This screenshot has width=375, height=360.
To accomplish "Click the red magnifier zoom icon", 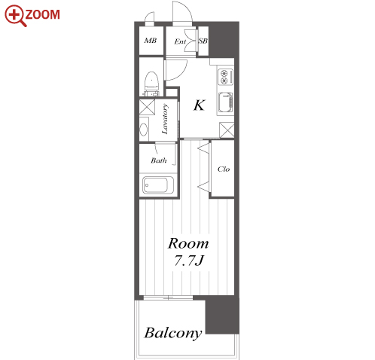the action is point(15,15).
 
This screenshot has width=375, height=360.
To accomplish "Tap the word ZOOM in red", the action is point(43,14).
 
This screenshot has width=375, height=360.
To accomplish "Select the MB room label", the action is point(151,41).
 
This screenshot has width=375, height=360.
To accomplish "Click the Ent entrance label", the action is point(180,41).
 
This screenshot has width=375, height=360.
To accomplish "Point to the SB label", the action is point(203,41).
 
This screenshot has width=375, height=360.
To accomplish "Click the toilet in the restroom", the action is point(151,84).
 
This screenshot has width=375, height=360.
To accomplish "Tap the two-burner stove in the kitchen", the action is point(225,77).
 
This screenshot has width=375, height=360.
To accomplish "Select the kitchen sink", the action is point(225,102).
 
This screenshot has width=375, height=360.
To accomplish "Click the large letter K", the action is point(200,105).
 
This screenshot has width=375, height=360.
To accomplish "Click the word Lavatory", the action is point(165,119).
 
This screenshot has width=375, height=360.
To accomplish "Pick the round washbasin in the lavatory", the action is point(144,130).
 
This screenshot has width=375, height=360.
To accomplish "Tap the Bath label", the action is point(159,160).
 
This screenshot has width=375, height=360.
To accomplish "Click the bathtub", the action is point(158,185).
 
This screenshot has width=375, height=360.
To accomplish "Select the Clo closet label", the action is point(224,169).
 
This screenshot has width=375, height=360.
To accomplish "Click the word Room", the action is point(188,243).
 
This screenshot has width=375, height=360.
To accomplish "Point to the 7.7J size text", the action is point(188,261).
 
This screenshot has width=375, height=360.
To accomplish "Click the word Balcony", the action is point(173,333).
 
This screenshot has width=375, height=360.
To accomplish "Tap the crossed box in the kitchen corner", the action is point(227,130).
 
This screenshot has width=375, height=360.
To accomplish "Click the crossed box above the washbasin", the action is point(147,107).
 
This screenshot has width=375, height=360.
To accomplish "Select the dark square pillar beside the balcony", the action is point(222,316).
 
